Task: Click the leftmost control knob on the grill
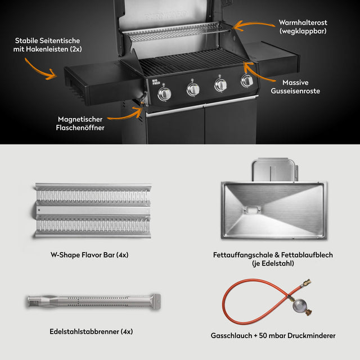coord(165,94)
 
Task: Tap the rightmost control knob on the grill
coord(247,81)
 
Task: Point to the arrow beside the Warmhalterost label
coord(246,25)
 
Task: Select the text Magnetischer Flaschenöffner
coord(81,123)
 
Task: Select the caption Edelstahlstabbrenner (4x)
coord(91,331)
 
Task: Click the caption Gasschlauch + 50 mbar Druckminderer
coord(273,335)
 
